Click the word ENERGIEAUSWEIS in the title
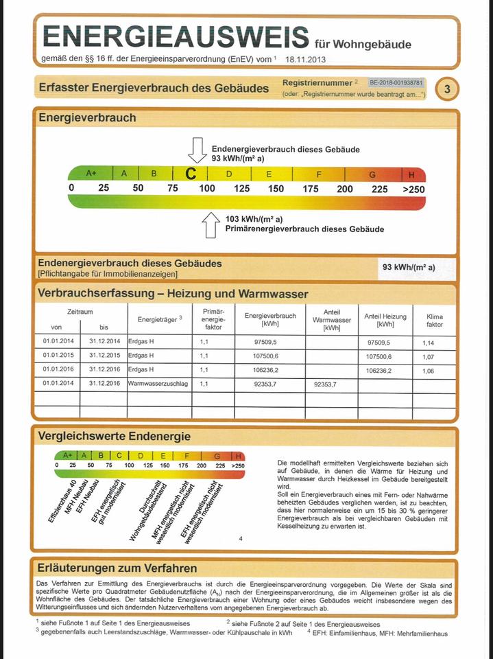[176, 36]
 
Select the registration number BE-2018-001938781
[396, 82]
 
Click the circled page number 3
[447, 89]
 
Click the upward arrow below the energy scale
[211, 224]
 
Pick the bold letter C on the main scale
[191, 174]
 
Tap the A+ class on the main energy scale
[91, 174]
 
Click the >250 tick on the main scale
[413, 189]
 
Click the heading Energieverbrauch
[87, 117]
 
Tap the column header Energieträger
[158, 319]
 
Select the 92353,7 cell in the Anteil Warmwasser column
[325, 384]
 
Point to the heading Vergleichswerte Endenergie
[115, 436]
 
